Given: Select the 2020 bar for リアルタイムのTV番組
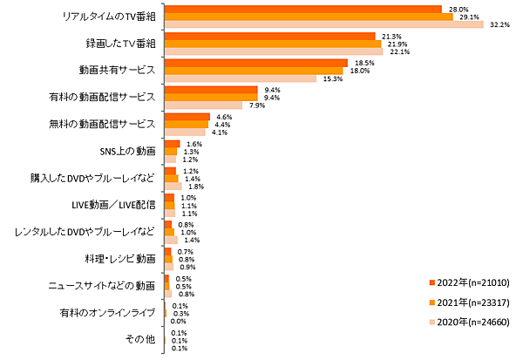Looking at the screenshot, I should point(323,24).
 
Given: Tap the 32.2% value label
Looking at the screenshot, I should point(499,24).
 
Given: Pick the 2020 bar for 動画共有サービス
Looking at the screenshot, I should point(240,78).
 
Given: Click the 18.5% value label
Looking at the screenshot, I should point(363,63).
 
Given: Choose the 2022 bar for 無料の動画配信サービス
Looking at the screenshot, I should point(187,117).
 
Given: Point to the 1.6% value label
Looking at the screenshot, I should point(194,144).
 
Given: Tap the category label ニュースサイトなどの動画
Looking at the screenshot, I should point(101,285).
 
